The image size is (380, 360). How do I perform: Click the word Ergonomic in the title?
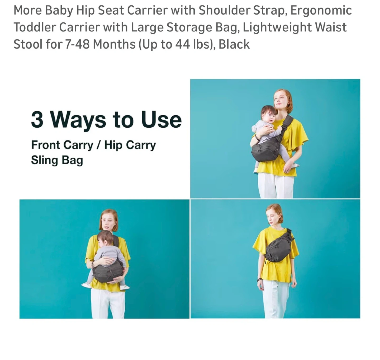tap(321, 11)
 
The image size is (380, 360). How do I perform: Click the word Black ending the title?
tap(234, 44)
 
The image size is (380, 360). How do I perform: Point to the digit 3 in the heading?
tap(37, 119)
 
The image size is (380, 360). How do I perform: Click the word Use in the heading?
tap(161, 120)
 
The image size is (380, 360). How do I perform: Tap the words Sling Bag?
tap(57, 160)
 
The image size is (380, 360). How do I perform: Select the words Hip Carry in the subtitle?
tap(130, 145)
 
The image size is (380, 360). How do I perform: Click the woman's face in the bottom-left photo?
tap(107, 222)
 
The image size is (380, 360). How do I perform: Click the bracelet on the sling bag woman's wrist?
tap(259, 279)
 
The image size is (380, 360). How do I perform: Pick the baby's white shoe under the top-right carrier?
tap(256, 170)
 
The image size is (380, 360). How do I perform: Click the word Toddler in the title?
tap(35, 27)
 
